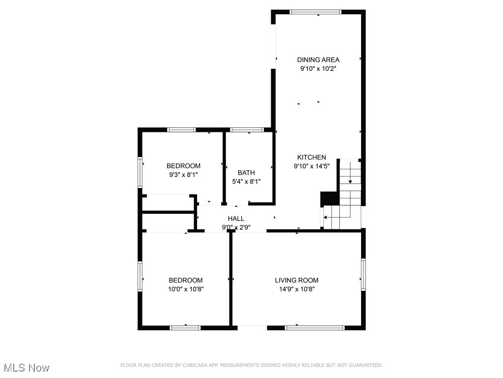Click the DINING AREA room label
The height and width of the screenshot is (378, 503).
click(x=318, y=60)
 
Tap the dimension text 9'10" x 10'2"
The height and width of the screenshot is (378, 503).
click(x=318, y=69)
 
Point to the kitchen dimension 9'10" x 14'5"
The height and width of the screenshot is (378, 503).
click(x=311, y=166)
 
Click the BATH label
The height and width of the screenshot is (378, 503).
click(x=246, y=172)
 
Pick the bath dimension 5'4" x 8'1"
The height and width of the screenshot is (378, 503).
click(x=246, y=181)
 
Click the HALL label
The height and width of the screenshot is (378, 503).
click(x=236, y=219)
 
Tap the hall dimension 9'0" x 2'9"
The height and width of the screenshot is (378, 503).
click(x=236, y=227)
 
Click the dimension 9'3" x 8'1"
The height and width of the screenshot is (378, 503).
click(x=183, y=175)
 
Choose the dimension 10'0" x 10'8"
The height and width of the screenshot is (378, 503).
click(x=185, y=289)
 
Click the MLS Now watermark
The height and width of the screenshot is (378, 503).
click(x=26, y=368)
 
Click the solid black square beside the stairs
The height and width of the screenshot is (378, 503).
click(x=329, y=198)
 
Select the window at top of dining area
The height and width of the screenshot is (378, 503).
click(x=315, y=12)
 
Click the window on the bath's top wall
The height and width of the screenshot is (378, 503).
click(x=247, y=130)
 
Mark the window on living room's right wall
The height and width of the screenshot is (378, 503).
click(x=363, y=274)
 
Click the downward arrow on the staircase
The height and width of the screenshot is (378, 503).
click(x=350, y=181)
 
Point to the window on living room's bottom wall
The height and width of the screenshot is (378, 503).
click(x=315, y=327)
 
